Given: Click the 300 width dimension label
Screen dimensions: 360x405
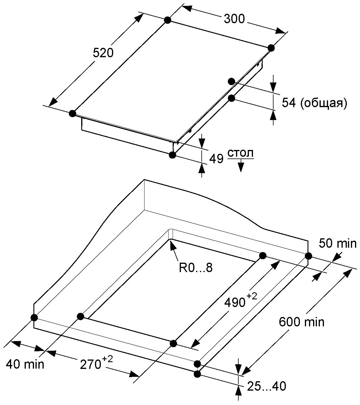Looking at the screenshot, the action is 234,19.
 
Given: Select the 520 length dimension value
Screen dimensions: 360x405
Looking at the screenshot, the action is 103,53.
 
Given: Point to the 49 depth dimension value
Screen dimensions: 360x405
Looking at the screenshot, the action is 216,159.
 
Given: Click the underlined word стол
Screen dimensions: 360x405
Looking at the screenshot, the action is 240,154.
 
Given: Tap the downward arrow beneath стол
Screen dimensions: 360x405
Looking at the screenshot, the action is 241,166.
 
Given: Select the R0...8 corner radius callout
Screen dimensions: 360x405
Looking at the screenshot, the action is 196,268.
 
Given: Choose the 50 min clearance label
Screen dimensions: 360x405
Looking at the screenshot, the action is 337,243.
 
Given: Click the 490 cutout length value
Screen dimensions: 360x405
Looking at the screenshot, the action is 235,302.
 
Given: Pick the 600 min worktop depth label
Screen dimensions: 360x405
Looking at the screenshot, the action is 301,322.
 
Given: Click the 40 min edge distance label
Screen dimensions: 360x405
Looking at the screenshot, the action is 25,364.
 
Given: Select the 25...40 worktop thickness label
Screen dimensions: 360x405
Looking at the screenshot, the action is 266,386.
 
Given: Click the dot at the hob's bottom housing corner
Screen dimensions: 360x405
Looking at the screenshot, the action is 173,155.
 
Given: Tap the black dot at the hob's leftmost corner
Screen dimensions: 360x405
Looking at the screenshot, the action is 72,114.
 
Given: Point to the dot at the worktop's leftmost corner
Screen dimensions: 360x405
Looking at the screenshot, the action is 34,317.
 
